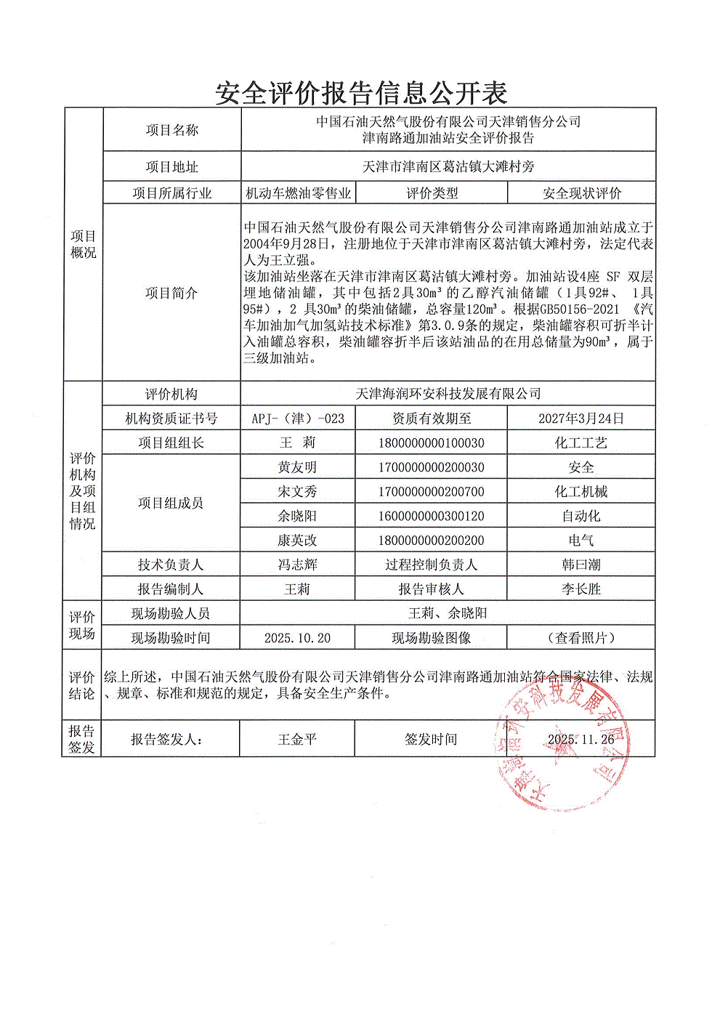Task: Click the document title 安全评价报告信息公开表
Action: [361, 92]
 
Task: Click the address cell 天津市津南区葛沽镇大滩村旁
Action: [448, 166]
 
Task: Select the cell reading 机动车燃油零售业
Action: [298, 193]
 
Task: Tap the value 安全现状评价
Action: [581, 193]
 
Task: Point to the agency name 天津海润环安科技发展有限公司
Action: [448, 394]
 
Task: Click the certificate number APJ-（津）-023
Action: [298, 419]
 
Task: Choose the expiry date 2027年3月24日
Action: [581, 419]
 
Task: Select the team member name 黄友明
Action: [297, 467]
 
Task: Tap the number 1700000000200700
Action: [431, 492]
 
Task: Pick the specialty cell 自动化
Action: [581, 516]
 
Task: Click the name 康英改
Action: [297, 541]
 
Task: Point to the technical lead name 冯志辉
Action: [297, 565]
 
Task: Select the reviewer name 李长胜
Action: [581, 589]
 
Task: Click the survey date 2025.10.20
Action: [297, 638]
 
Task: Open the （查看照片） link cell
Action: [581, 638]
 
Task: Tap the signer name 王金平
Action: [297, 739]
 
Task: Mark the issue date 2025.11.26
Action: [581, 739]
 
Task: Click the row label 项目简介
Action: [171, 293]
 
